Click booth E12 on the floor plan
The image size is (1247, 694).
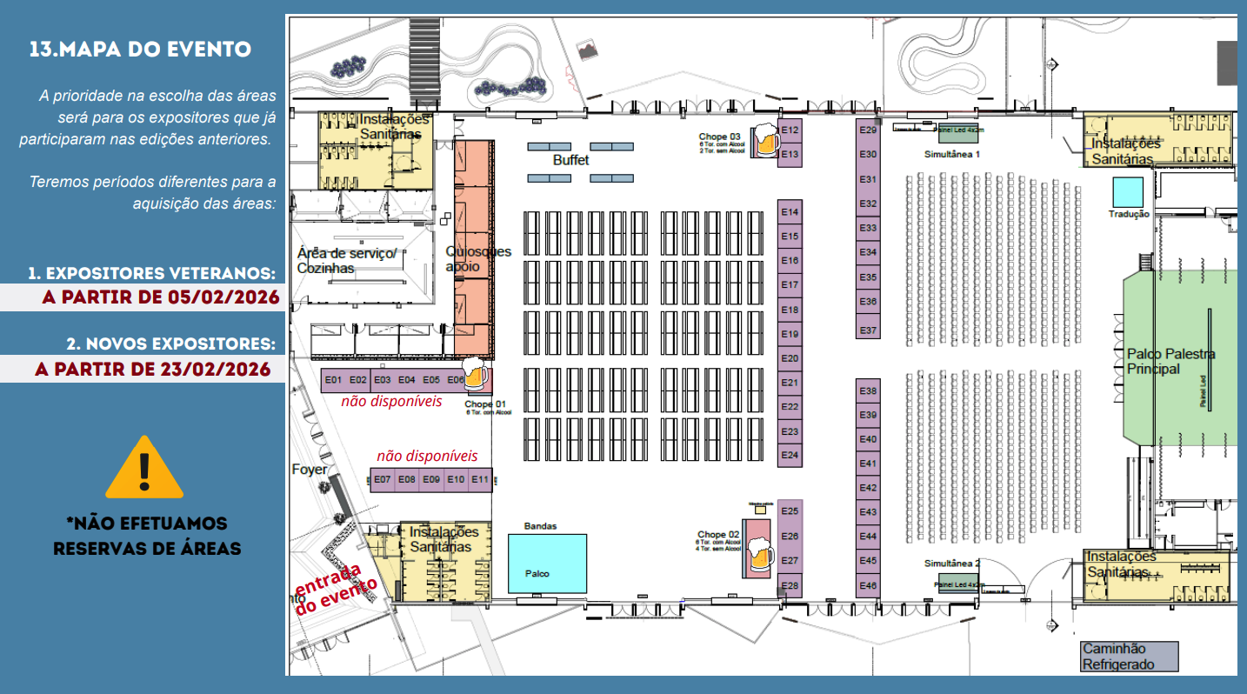pyautogui.click(x=790, y=130)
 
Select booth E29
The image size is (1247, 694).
pyautogui.click(x=868, y=130)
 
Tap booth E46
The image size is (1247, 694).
pyautogui.click(x=868, y=585)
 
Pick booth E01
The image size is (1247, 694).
pyautogui.click(x=332, y=380)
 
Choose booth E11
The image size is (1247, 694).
pyautogui.click(x=480, y=479)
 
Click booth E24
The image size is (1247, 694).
pyautogui.click(x=790, y=455)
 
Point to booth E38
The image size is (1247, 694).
pyautogui.click(x=868, y=390)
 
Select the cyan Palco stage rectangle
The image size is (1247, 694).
pyautogui.click(x=548, y=563)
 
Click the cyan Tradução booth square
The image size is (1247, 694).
pyautogui.click(x=1128, y=191)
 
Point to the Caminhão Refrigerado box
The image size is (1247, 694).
pyautogui.click(x=1130, y=657)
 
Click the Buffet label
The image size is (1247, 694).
pyautogui.click(x=570, y=161)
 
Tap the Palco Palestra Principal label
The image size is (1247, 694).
pyautogui.click(x=1170, y=361)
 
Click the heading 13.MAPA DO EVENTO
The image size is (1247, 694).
pyautogui.click(x=140, y=49)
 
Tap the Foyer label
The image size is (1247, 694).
pyautogui.click(x=310, y=470)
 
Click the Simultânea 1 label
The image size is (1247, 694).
pyautogui.click(x=952, y=153)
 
